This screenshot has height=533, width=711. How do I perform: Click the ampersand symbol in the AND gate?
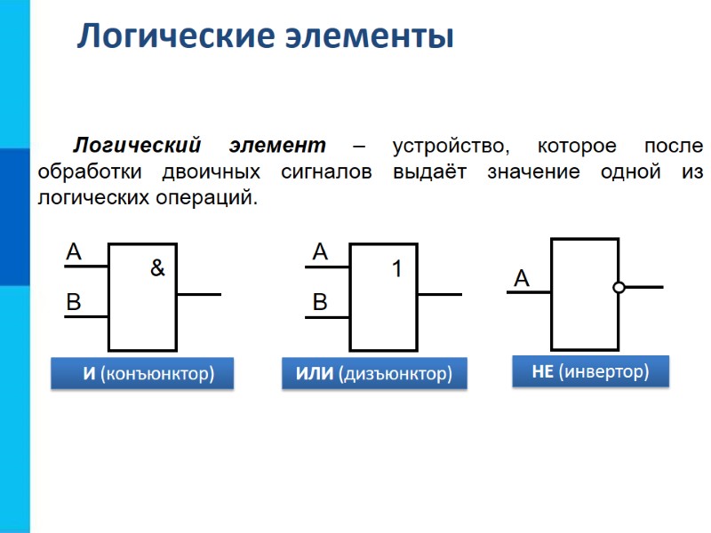click(x=157, y=267)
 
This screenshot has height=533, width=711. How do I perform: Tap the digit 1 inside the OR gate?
click(x=397, y=268)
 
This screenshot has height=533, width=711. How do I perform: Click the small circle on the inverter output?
click(x=619, y=287)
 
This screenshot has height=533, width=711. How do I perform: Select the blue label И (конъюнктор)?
click(x=142, y=374)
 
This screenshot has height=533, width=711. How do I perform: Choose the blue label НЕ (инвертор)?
click(x=590, y=371)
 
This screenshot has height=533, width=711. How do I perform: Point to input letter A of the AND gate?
click(x=74, y=253)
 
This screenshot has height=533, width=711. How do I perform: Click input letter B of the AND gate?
click(x=74, y=303)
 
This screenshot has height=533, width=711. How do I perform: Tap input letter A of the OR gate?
click(x=320, y=253)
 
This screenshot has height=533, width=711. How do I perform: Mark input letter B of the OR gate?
click(x=320, y=303)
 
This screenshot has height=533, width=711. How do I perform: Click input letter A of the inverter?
click(x=522, y=280)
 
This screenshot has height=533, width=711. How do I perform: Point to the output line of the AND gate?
click(x=198, y=293)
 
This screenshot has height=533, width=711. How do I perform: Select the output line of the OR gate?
click(x=440, y=293)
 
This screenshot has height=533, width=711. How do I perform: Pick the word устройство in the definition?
click(x=451, y=145)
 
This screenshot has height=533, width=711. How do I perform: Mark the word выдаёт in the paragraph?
click(x=430, y=171)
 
